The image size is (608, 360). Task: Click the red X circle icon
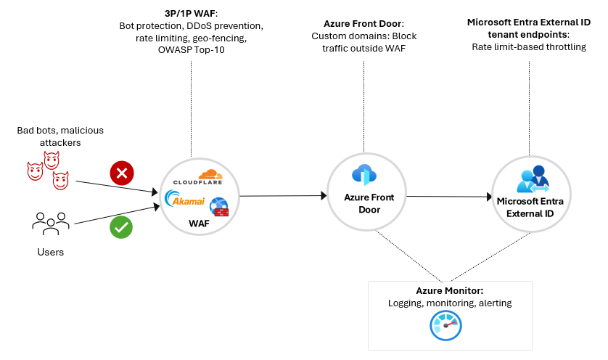[x=120, y=173]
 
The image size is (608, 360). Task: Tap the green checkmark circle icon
[x=120, y=228]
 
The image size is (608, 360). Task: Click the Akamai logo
[x=186, y=200]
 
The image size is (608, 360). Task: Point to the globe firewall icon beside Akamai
[x=218, y=207]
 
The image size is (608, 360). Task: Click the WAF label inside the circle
[x=198, y=224]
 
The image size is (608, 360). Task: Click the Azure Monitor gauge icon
[x=445, y=325]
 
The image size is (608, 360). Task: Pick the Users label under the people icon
[x=50, y=252]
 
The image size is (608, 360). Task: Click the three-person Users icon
[x=50, y=222]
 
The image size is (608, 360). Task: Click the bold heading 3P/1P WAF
[x=192, y=12]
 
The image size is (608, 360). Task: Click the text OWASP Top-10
[x=192, y=49]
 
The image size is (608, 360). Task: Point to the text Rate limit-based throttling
[x=529, y=46]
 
